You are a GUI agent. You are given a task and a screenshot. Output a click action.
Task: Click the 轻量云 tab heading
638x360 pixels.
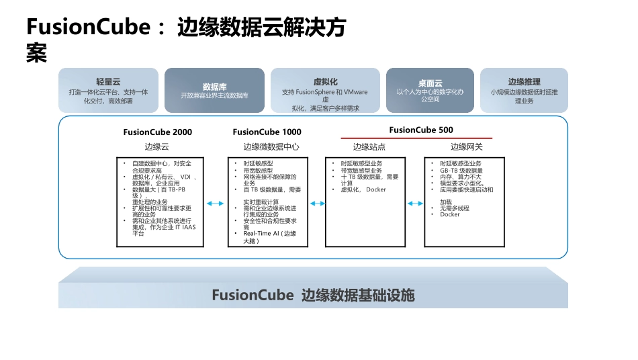(108, 81)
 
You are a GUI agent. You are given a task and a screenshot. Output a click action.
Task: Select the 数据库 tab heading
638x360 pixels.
(214, 87)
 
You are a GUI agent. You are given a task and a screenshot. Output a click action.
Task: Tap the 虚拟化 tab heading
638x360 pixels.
(325, 81)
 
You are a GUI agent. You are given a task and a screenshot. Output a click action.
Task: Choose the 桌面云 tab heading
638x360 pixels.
(430, 81)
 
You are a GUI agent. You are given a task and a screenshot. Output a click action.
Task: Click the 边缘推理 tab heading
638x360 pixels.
(524, 81)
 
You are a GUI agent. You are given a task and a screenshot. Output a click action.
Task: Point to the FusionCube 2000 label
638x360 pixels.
(157, 132)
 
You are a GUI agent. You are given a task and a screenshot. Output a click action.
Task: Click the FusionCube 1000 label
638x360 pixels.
(267, 132)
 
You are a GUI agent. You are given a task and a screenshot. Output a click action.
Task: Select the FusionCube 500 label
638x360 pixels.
(421, 130)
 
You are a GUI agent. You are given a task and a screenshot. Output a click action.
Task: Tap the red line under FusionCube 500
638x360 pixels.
(416, 138)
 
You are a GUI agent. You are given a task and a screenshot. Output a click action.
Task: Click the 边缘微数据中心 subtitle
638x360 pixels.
(271, 146)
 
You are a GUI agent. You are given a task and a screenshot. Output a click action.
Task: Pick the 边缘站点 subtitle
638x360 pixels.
(369, 146)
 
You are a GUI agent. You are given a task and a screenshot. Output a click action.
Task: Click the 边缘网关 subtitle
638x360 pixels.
(466, 146)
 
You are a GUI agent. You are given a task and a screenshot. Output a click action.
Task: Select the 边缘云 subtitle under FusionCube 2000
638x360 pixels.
(156, 146)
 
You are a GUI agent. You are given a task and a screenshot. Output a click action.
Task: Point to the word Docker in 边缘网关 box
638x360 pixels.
(450, 215)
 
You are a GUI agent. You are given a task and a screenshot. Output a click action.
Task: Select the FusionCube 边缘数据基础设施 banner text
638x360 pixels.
(313, 295)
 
